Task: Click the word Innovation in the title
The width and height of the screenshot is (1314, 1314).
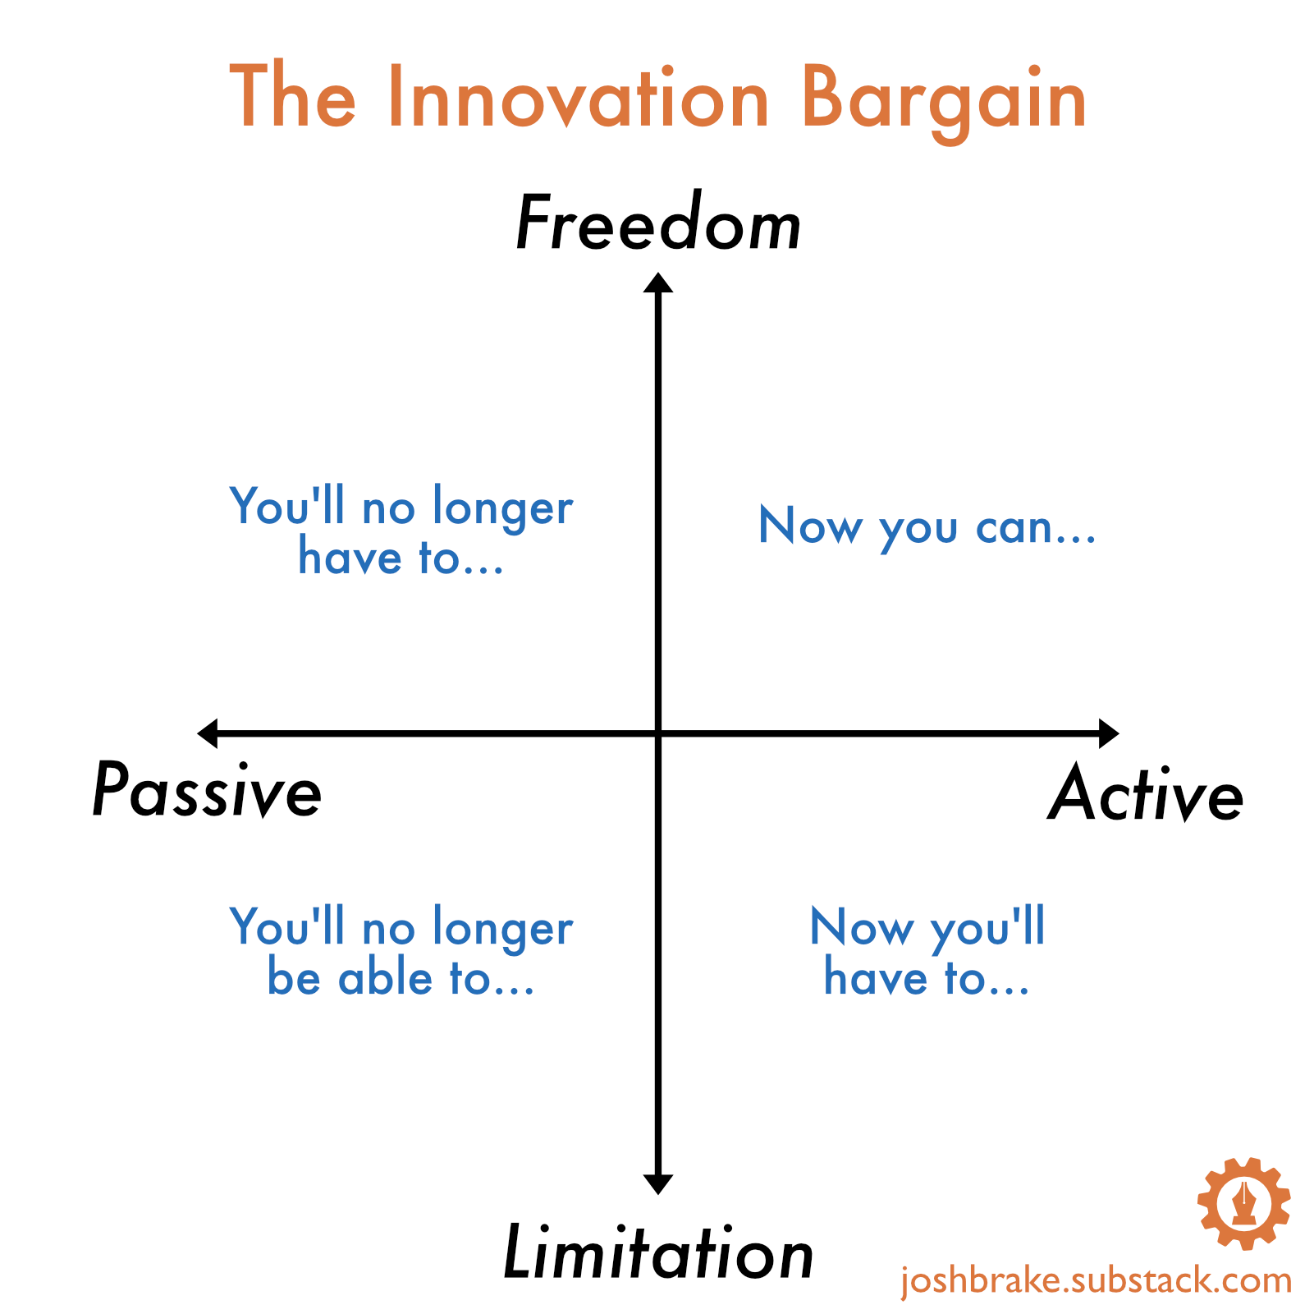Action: [579, 98]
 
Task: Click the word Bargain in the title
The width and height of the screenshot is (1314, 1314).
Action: [944, 103]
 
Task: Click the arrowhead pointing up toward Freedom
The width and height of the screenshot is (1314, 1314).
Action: [658, 283]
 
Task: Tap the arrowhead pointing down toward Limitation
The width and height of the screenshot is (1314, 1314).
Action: [658, 1184]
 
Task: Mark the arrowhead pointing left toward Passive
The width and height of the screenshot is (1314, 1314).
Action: [208, 733]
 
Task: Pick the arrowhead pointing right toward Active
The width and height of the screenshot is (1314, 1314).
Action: [1109, 733]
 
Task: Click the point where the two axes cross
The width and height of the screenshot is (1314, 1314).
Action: [658, 733]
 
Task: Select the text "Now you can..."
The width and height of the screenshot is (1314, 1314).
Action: [927, 526]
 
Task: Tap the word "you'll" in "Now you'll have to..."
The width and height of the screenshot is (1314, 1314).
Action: [988, 929]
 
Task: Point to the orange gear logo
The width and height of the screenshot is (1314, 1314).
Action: [1244, 1203]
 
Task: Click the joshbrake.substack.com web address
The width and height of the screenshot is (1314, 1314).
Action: [1097, 1280]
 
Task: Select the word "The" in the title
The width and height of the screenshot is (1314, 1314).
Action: [293, 96]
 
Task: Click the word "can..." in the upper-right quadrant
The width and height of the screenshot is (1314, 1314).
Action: [1036, 528]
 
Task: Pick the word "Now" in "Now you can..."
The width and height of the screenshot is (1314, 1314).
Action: [811, 525]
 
